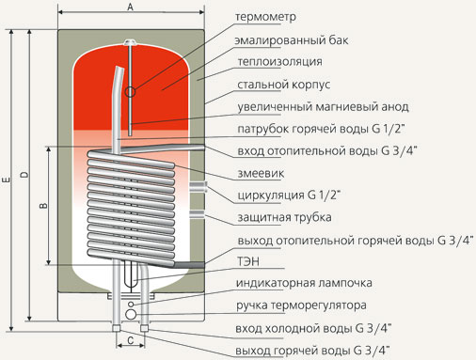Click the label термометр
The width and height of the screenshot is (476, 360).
[265, 17]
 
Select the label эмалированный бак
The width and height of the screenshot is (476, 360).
[292, 40]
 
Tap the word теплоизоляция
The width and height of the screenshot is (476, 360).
[279, 62]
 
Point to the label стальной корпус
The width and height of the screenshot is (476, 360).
[283, 85]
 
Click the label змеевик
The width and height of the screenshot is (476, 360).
[261, 173]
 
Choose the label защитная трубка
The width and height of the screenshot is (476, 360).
[284, 217]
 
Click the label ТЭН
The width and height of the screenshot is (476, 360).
[248, 261]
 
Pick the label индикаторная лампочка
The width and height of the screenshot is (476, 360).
[304, 283]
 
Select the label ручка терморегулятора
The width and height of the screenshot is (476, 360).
[301, 305]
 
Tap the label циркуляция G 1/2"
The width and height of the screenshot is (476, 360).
[289, 195]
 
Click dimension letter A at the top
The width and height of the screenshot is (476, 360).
[131, 7]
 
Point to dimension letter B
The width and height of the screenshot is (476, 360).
[43, 206]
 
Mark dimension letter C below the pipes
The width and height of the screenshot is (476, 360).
[131, 340]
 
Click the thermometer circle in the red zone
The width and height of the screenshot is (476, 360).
[130, 92]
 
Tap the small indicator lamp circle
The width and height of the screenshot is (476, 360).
[131, 305]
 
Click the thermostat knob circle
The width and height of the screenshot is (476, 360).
[131, 315]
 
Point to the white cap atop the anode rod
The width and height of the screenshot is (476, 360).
[130, 42]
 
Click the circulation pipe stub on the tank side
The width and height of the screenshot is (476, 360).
[198, 187]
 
